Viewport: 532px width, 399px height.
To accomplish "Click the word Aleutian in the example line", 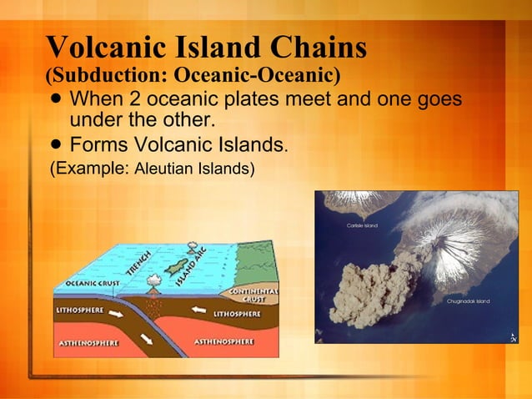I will pyautogui.click(x=161, y=169).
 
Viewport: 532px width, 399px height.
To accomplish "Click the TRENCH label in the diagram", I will pyautogui.click(x=139, y=263).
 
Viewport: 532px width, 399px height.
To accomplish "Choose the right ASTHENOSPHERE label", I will pyautogui.click(x=225, y=341).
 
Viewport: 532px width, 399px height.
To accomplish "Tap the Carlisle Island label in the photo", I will pyautogui.click(x=361, y=225).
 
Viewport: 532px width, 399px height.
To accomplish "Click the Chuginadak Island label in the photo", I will pyautogui.click(x=468, y=301).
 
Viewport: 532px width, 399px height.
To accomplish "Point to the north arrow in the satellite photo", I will pyautogui.click(x=512, y=336).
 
